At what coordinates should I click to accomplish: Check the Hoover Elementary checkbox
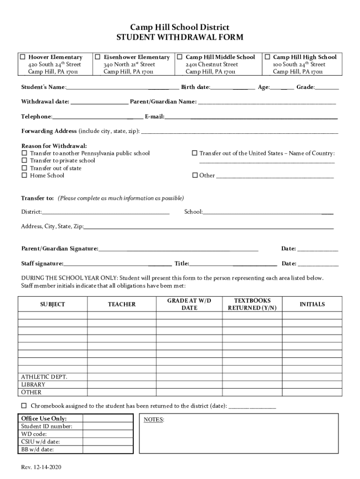tap(23, 57)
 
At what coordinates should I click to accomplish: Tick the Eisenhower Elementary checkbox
tap(98, 57)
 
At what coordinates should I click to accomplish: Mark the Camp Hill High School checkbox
tap(267, 57)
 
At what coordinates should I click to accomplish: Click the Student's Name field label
tap(43, 87)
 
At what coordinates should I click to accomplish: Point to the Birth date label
tap(195, 87)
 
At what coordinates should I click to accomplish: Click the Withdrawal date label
tap(45, 102)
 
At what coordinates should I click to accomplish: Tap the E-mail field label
tap(154, 116)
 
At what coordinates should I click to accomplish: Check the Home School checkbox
tap(24, 175)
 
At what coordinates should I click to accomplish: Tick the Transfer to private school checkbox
tap(24, 160)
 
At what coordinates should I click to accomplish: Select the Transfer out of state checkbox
tap(24, 168)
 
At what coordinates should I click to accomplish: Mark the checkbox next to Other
tap(194, 175)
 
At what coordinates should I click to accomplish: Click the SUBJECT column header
tap(52, 305)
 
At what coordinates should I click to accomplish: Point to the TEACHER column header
tap(122, 305)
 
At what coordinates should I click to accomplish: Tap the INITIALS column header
tap(312, 305)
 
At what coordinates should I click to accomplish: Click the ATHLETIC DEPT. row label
tap(44, 377)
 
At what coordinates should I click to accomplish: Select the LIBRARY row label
tap(33, 385)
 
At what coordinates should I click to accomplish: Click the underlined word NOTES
tap(153, 420)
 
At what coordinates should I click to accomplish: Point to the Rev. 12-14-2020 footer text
tap(41, 468)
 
